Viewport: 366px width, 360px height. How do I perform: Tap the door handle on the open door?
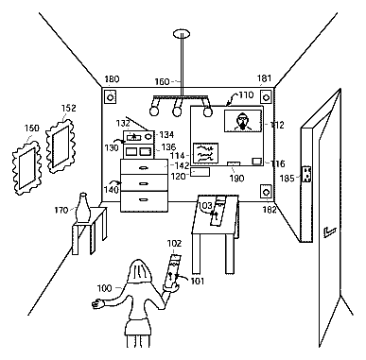coord(329,232)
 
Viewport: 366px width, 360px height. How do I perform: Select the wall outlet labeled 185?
coord(306,175)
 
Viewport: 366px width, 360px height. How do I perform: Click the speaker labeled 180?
coord(110,97)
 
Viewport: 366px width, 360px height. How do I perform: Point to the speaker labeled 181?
coord(266,96)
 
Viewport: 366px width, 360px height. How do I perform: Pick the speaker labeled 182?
coord(266,192)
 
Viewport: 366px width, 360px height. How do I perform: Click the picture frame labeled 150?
coord(26,168)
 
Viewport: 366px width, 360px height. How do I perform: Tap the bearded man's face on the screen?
coord(242,121)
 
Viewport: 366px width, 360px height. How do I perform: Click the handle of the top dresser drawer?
coord(144,168)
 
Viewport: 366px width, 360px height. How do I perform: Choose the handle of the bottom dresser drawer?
coord(144,199)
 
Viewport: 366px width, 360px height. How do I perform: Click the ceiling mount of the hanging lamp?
coord(182,33)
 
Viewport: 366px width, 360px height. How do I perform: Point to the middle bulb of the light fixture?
coord(177,111)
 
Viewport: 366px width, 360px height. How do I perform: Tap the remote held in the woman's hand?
coord(172,271)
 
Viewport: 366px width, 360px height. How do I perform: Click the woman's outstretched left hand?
coord(97,303)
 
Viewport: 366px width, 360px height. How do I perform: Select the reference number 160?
coord(162,82)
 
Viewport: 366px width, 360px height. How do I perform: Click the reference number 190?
coord(236,179)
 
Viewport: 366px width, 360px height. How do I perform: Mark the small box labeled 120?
coord(200,172)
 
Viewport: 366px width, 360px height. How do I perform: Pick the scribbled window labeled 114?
coord(205,153)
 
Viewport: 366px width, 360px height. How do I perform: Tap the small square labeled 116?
coord(257,162)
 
